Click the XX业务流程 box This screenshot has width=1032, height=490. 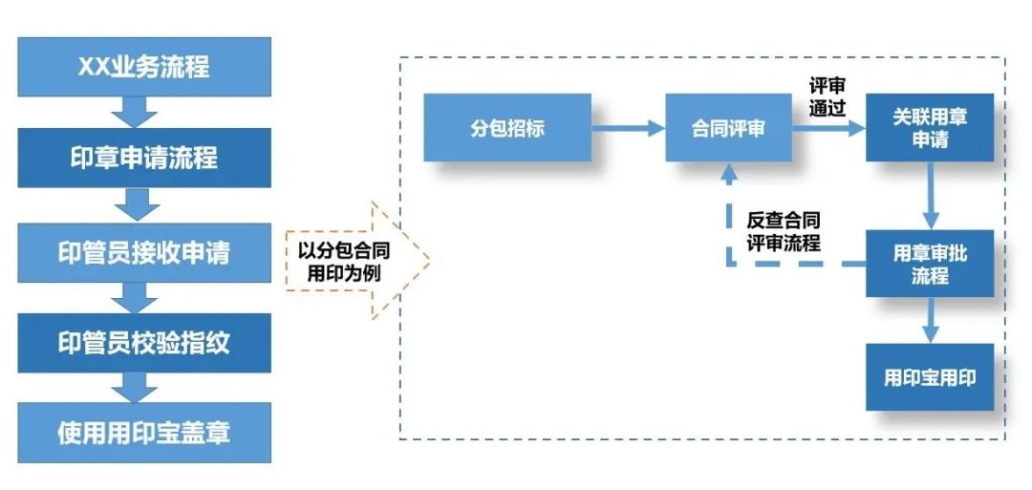pos(144,67)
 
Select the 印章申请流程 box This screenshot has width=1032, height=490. pos(144,158)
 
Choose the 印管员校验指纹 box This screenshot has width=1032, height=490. pos(144,343)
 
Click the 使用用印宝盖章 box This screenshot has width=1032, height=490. pos(144,433)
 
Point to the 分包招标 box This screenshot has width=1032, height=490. pos(507,127)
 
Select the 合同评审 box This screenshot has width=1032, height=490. pos(729,127)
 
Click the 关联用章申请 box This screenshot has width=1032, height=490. pos(930,127)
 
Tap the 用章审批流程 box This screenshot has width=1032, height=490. pos(930,264)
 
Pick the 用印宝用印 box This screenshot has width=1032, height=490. pos(930,377)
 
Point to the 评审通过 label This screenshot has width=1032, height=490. pos(827,96)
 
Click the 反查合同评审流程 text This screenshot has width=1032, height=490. pos(784,230)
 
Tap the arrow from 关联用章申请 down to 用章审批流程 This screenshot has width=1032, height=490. pos(930,195)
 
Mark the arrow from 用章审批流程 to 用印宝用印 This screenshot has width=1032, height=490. pos(930,320)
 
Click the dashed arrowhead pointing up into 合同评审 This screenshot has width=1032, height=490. pos(729,175)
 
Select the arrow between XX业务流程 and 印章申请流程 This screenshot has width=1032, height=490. pos(135,113)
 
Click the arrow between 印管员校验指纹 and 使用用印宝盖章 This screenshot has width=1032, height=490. pos(135,388)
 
